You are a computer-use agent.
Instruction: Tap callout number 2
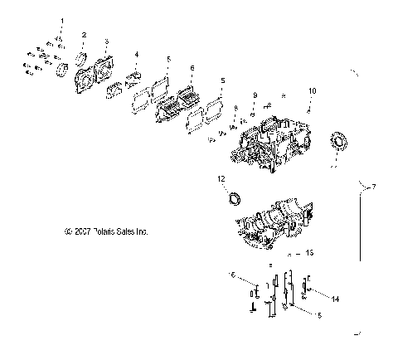point(84,34)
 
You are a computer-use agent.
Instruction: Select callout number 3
point(106,41)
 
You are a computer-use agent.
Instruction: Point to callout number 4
point(137,55)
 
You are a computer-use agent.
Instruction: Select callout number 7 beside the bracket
point(384,211)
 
